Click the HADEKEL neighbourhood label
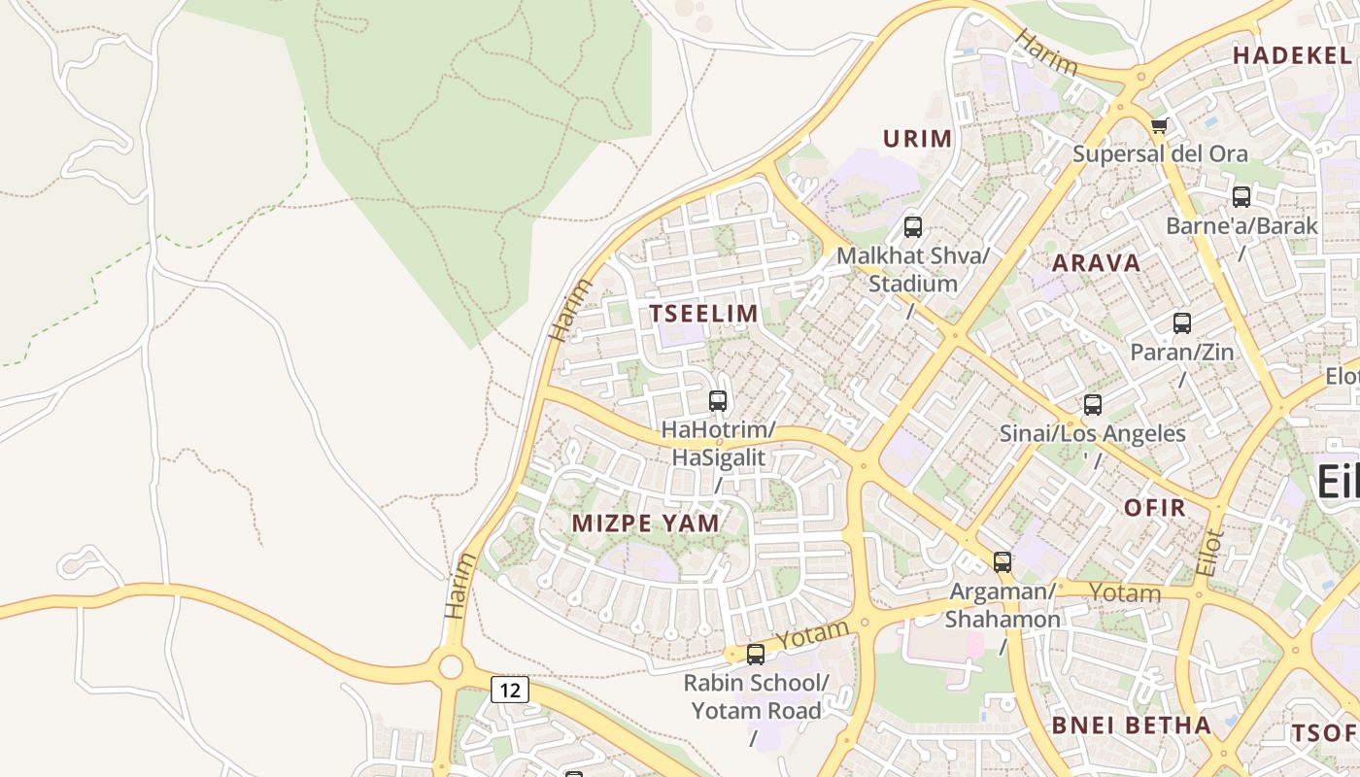1291,55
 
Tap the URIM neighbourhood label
917,139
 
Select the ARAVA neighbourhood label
1096,263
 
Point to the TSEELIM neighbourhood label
703,314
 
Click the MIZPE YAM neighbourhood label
646,524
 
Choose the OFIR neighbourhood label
1155,508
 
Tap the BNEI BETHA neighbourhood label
1132,726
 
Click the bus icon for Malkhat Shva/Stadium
913,227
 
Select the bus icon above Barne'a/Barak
1241,197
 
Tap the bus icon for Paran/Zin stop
1181,323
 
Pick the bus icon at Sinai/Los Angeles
1092,405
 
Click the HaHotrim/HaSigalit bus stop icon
718,400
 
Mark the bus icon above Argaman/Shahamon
1002,561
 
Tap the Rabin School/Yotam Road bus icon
756,655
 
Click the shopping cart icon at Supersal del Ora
1158,125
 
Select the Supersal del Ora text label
1160,153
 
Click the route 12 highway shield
510,690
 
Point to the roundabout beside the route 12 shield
450,666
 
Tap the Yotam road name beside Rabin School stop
813,635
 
